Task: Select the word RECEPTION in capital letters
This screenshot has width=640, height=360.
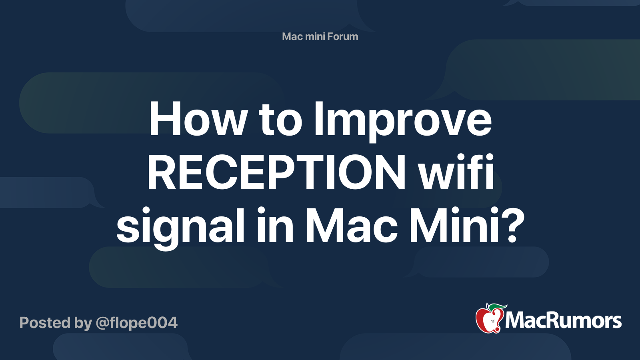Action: (x=276, y=174)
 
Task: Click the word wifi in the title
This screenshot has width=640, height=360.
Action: (x=456, y=173)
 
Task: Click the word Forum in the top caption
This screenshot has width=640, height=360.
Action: (x=341, y=36)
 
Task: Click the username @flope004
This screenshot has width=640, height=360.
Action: (x=136, y=323)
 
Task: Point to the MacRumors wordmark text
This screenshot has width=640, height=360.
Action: (x=563, y=320)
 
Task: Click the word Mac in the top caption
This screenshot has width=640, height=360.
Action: (x=292, y=36)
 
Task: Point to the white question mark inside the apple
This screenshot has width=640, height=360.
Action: (x=492, y=320)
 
